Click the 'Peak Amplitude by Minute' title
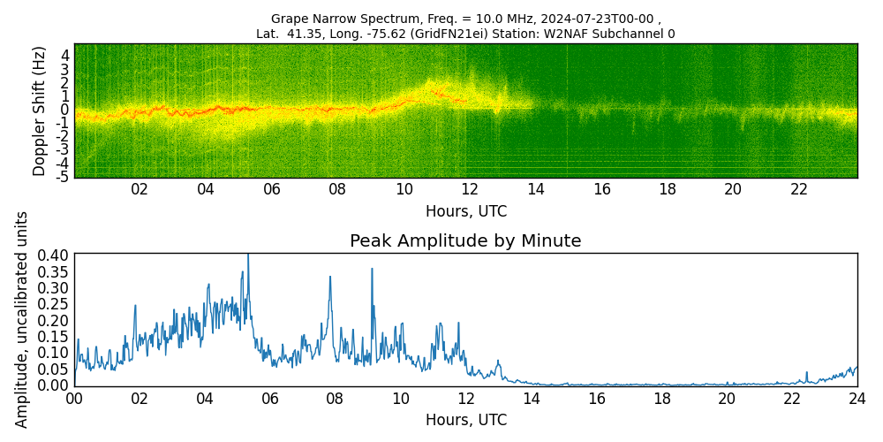465,241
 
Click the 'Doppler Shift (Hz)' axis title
39,111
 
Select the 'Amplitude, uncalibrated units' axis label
21,320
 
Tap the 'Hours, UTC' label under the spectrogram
466,211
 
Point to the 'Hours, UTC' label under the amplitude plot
466,420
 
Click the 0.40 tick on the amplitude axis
52,255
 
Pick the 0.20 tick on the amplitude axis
52,320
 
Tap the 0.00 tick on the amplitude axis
52,385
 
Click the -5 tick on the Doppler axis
62,177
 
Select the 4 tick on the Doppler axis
65,56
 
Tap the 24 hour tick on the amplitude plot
857,399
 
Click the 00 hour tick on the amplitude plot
74,399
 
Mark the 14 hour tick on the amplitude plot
531,399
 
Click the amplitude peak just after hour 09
372,270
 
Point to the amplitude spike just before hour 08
330,278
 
